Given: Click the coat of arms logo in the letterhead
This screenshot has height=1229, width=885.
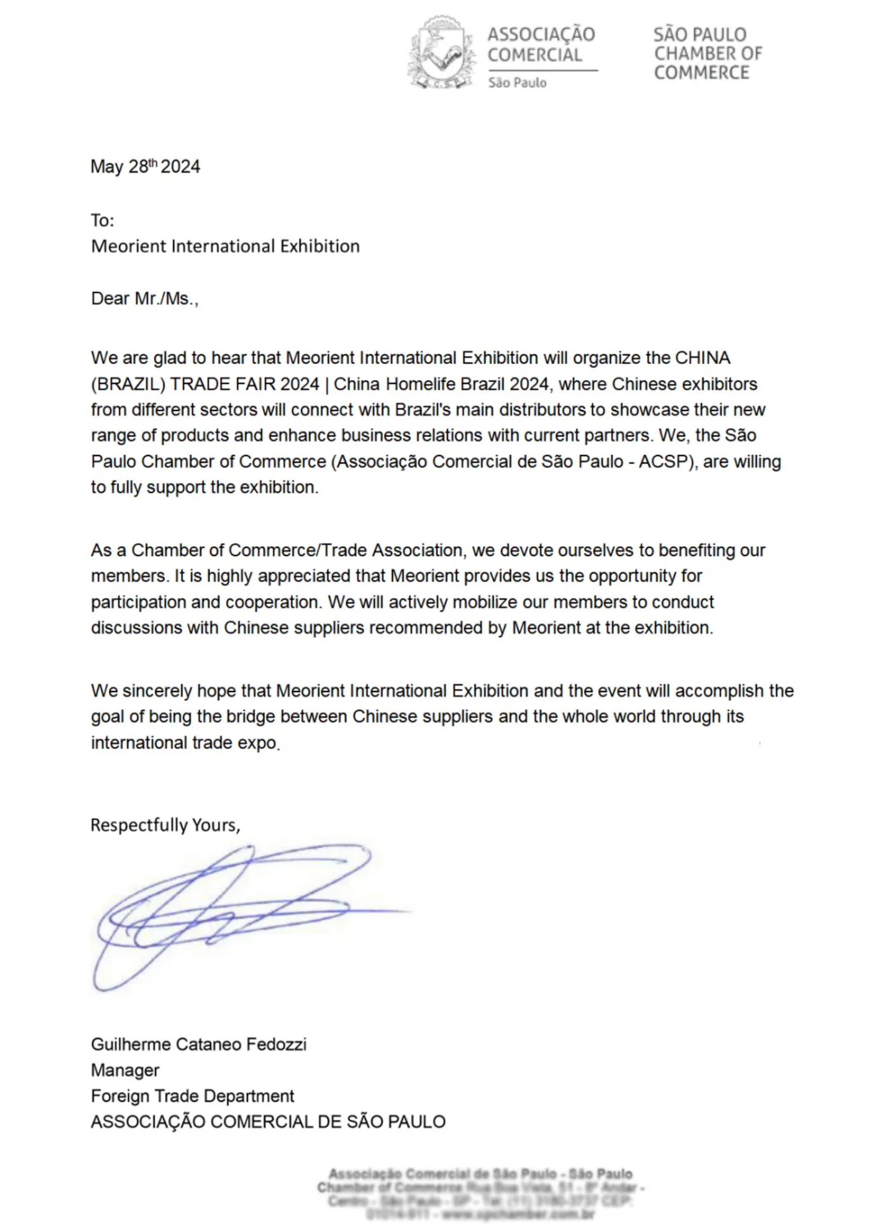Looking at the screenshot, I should point(441,53).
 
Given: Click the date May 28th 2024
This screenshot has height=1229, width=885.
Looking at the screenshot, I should point(145,166).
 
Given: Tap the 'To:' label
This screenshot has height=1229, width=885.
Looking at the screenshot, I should point(102,220).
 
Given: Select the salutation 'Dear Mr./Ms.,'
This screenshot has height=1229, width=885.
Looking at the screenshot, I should point(144,298).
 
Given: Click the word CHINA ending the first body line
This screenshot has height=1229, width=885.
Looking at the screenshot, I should point(703,358).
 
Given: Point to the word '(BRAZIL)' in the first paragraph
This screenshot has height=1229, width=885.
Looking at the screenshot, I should point(128,384).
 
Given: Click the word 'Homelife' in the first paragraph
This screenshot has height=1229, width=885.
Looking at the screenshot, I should point(421,384).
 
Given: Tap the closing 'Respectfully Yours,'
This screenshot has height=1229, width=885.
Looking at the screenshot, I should point(165,825).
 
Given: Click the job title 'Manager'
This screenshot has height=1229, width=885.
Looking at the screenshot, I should point(125,1070).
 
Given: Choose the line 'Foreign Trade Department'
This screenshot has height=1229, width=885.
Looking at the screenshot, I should point(192,1096).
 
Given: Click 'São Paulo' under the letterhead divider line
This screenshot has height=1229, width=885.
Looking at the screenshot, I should point(517,83).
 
